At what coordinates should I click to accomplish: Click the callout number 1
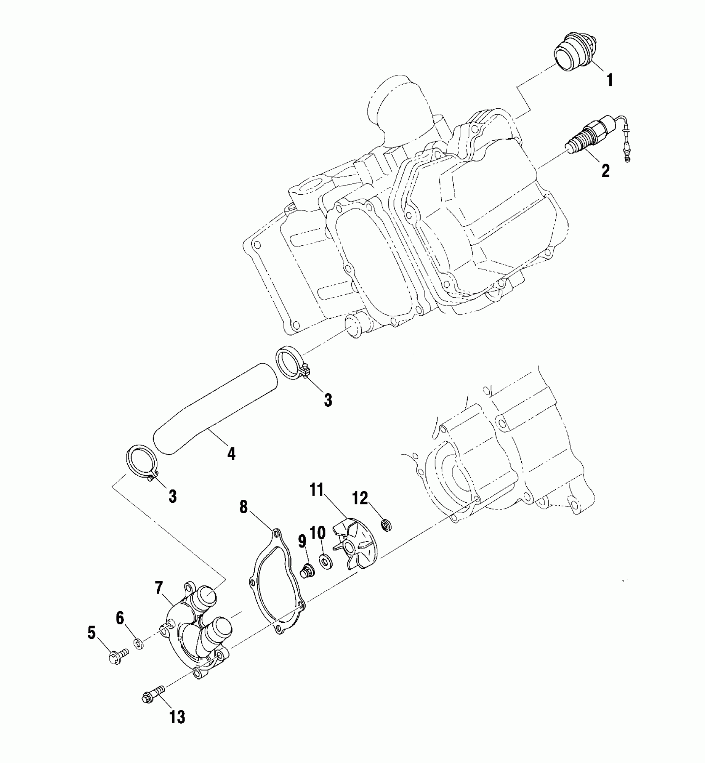point(610,80)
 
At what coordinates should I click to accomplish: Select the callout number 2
point(606,171)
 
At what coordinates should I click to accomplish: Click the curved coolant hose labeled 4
point(216,407)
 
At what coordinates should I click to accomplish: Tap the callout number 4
point(231,454)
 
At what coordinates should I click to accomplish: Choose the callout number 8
point(243,507)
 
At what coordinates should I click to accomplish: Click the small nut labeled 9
point(307,572)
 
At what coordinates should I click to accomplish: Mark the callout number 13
point(177,717)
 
